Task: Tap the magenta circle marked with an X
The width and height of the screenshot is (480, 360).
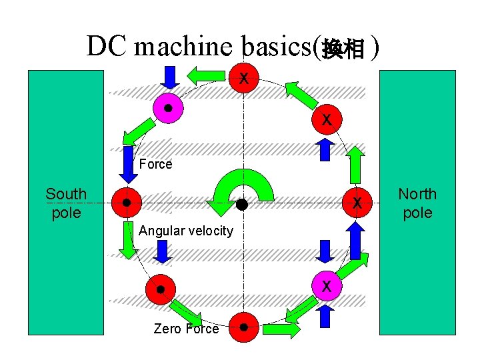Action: tap(327, 287)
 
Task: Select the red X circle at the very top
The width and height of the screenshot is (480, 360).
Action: tap(245, 78)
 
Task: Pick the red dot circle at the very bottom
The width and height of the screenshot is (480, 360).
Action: tap(244, 327)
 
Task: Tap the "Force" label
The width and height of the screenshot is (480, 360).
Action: tap(155, 164)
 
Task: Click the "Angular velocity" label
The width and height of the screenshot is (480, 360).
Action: tap(186, 231)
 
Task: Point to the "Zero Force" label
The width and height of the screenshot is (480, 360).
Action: tap(186, 329)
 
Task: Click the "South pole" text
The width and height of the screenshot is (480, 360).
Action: tap(66, 203)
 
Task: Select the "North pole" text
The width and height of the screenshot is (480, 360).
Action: tap(417, 203)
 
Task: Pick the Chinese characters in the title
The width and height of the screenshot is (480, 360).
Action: tap(343, 49)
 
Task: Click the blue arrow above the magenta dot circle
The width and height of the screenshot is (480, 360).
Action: tap(170, 77)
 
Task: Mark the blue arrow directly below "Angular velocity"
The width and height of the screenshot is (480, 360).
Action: tap(161, 251)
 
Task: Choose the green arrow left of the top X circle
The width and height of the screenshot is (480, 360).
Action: tap(209, 73)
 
